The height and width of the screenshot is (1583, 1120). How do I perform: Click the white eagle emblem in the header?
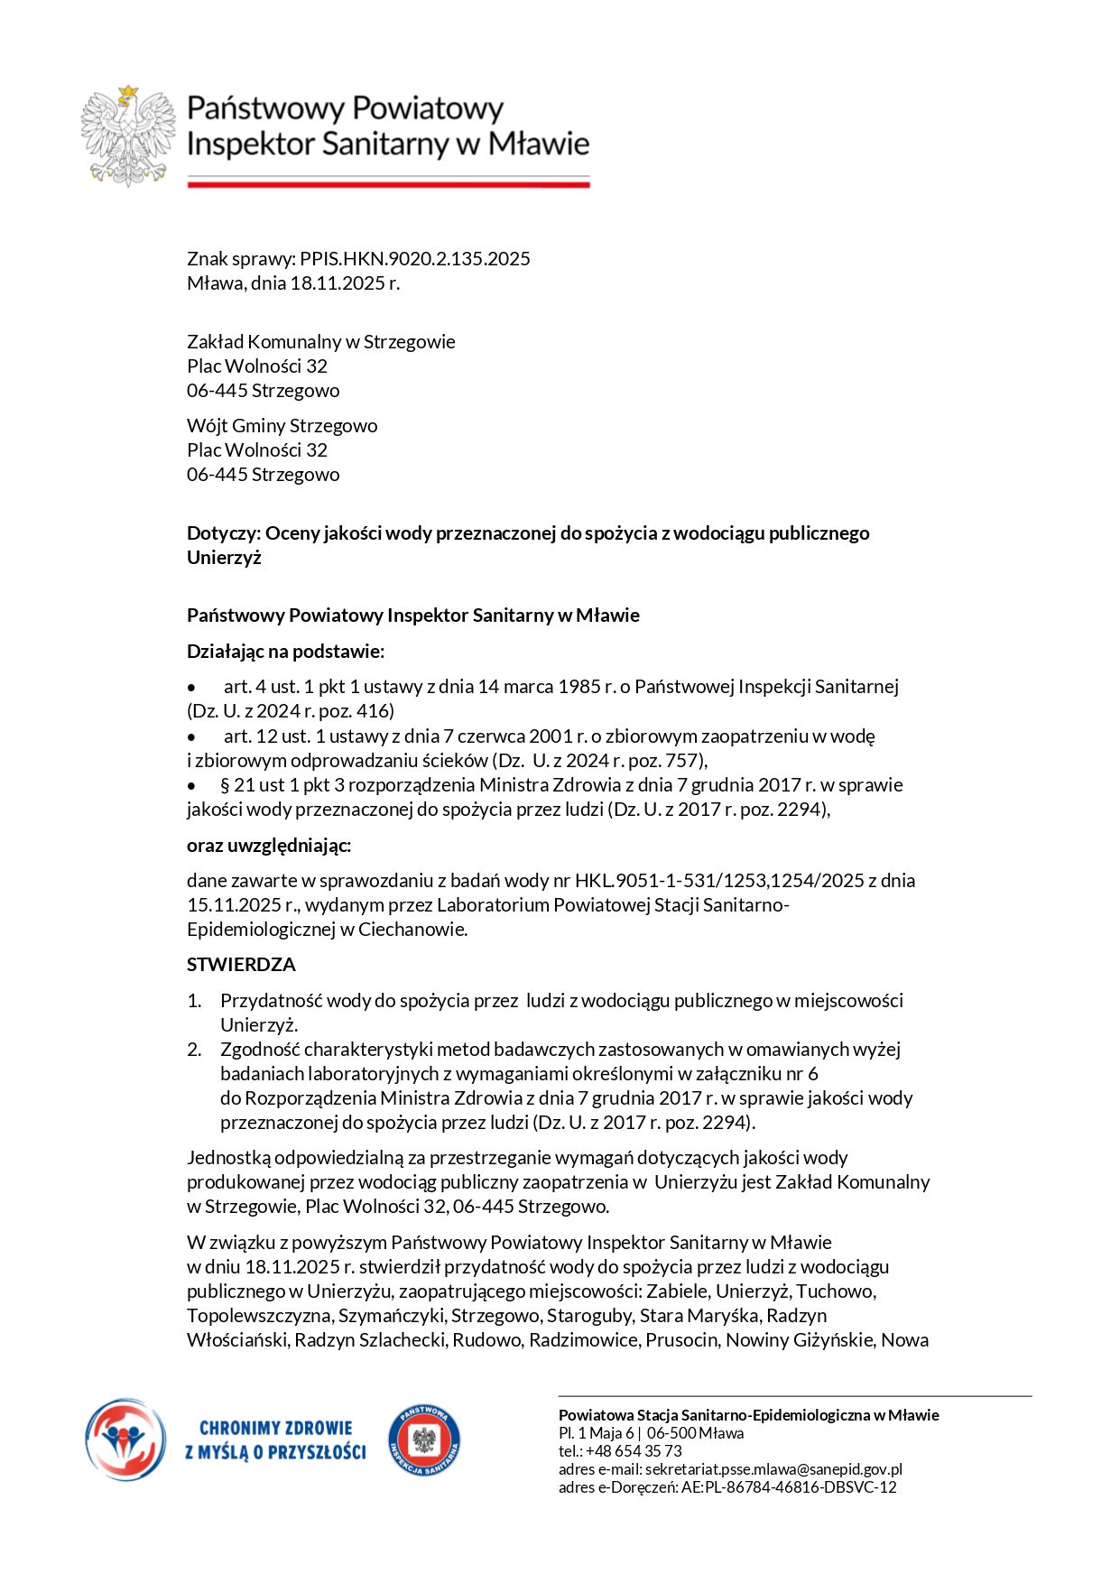tap(128, 136)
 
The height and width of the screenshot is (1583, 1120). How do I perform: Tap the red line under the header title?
tap(388, 184)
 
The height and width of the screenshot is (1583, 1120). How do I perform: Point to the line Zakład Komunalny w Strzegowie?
tap(320, 342)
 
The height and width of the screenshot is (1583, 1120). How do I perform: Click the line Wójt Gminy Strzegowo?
tap(282, 426)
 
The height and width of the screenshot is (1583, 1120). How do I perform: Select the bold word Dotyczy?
tap(223, 533)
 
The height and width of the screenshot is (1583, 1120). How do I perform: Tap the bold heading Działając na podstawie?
tap(285, 652)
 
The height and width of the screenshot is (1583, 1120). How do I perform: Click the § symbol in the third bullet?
tap(226, 785)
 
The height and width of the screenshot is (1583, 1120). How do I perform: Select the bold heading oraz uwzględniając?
tap(269, 846)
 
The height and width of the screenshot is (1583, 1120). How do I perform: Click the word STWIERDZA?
tap(241, 965)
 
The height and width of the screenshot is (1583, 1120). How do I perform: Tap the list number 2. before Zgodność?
tap(194, 1050)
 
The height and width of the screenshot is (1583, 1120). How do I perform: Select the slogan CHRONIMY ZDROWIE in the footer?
tap(275, 1429)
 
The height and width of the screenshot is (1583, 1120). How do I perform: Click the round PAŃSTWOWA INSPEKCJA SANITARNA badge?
tap(424, 1440)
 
